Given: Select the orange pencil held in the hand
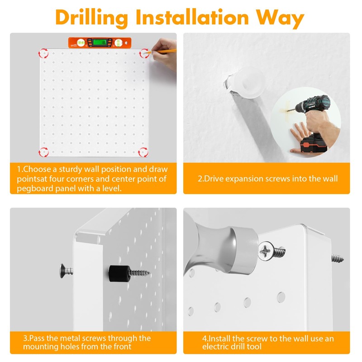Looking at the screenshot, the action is tap(162, 52).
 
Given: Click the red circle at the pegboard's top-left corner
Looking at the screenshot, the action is tap(43, 53).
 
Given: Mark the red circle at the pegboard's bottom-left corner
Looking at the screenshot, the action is tap(43, 152).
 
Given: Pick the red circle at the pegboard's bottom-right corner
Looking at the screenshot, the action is tap(143, 152).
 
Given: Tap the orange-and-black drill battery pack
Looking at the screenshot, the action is tap(314, 144).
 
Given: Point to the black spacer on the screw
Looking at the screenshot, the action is tap(119, 274).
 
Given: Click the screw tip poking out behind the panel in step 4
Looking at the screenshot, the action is tap(338, 258).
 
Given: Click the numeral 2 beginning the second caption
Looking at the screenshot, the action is tap(200, 179).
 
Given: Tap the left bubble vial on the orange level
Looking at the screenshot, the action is tap(81, 43).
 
